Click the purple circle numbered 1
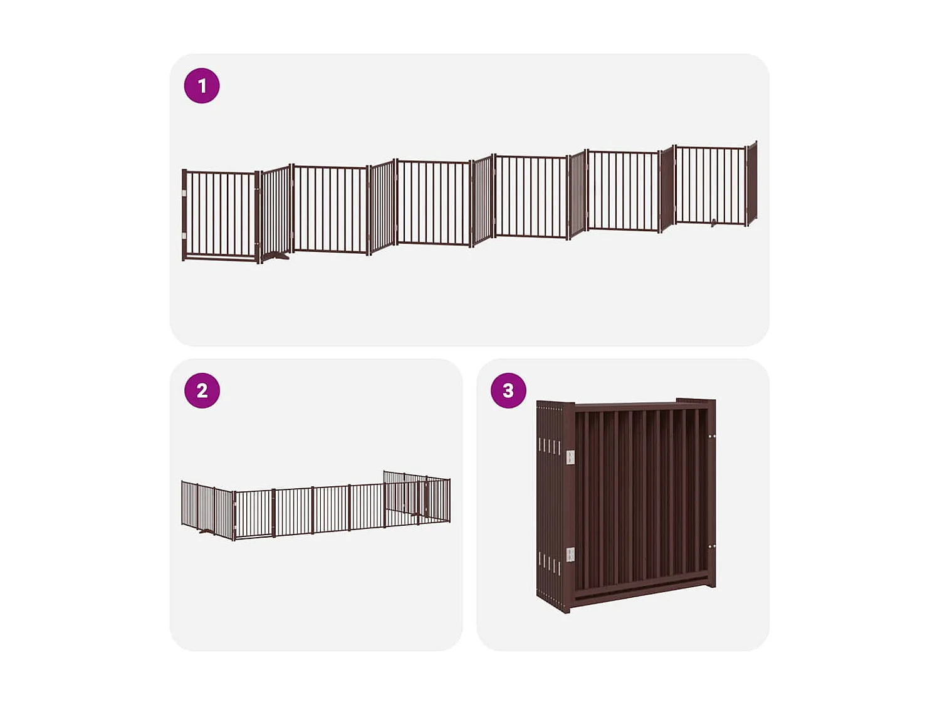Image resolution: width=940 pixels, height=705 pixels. [202, 86]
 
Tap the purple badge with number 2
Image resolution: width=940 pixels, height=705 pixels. [202, 390]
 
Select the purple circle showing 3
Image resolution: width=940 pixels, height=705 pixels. [508, 390]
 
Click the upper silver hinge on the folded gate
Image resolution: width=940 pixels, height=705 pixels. [570, 457]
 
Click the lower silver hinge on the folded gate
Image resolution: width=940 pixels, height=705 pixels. [570, 554]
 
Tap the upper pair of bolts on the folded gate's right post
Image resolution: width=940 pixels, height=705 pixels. [712, 436]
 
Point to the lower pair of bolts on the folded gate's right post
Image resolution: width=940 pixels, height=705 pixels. [712, 546]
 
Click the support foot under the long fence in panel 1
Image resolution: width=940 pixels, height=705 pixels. [276, 255]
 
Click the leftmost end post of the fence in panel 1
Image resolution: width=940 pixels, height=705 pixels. [184, 214]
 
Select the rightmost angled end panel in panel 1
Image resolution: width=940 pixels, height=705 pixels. [752, 184]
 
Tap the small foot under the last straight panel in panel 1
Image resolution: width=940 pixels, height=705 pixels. [714, 222]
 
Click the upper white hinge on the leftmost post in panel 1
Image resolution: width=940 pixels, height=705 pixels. [184, 194]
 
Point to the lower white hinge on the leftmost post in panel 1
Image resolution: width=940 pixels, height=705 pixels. [184, 236]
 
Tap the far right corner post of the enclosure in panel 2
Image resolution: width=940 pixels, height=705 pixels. [449, 500]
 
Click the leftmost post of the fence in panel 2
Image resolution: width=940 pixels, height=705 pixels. [182, 503]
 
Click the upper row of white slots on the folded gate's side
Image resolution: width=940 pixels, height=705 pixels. [549, 447]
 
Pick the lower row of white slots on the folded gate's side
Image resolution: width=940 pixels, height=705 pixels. [549, 562]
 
